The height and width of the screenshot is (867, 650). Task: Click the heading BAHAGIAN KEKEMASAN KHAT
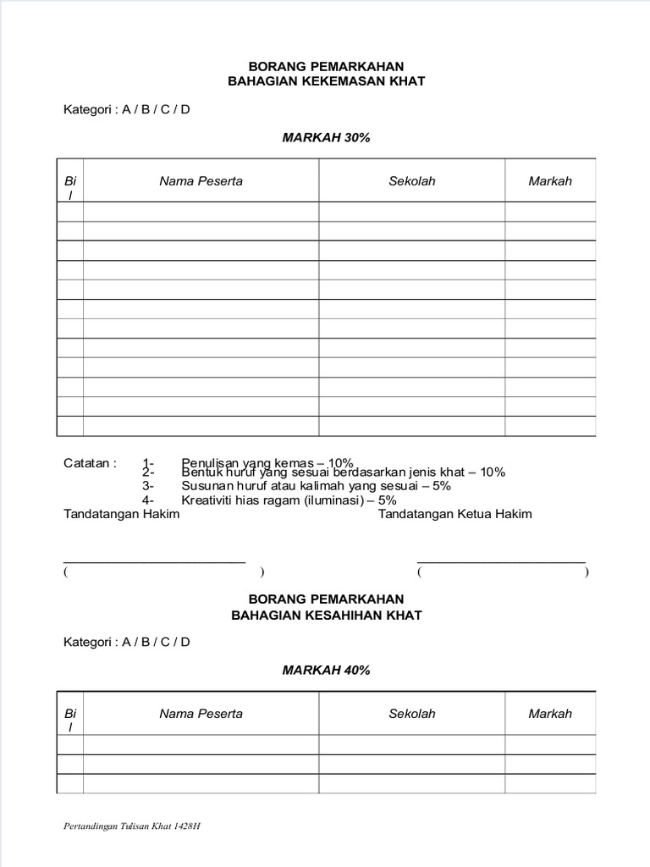point(326,81)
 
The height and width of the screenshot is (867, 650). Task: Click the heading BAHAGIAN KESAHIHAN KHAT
point(326,615)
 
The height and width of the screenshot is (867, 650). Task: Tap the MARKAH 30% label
point(326,137)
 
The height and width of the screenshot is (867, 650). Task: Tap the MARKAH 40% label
point(326,670)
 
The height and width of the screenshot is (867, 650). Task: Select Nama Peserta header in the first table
point(201,181)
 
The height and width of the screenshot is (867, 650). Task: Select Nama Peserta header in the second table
point(201,714)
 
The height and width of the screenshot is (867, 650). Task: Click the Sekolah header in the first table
point(412,181)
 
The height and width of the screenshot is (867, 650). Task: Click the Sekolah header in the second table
point(412,714)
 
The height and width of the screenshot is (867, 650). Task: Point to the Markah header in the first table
point(550,181)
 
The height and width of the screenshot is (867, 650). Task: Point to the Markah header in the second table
point(550,714)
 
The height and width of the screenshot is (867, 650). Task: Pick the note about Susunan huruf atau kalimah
point(316,486)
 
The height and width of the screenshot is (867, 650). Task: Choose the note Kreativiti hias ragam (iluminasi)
point(289,500)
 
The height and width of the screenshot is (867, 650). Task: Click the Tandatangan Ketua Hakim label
point(455,514)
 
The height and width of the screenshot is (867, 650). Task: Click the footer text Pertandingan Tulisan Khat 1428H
point(132,827)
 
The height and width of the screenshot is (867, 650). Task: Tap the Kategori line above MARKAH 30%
point(127,109)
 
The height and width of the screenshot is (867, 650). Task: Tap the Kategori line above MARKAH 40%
point(127,642)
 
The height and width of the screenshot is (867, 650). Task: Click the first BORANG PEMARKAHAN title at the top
point(326,65)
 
